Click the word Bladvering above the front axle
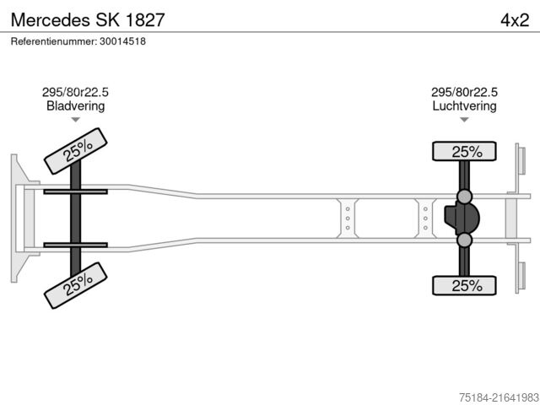75,106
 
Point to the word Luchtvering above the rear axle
464,106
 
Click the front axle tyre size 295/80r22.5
75,93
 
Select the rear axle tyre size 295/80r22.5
464,93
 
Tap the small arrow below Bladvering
75,120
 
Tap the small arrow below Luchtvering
464,120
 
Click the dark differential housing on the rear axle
462,219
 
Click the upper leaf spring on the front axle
75,192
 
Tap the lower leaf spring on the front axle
75,245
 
